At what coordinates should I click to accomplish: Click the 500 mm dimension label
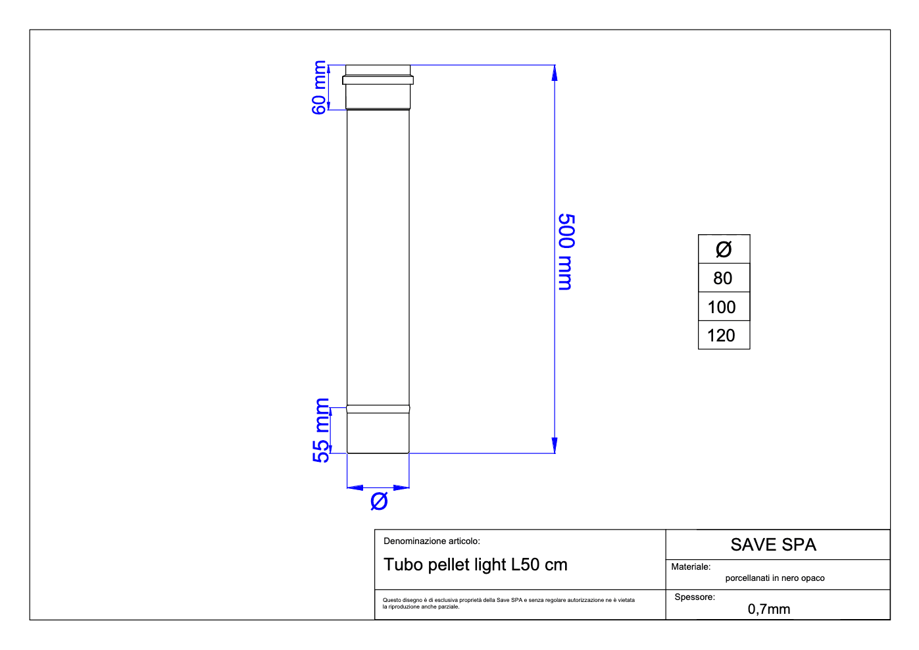click(x=566, y=252)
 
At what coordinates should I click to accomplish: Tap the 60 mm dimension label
click(x=319, y=87)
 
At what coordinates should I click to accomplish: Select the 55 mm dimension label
click(x=321, y=430)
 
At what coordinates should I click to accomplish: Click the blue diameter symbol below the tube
click(x=379, y=501)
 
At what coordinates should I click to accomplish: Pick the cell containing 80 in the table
click(x=724, y=278)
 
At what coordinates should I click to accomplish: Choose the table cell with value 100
click(x=724, y=307)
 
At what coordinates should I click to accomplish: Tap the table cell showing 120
click(x=724, y=336)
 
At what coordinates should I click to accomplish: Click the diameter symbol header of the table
click(x=724, y=249)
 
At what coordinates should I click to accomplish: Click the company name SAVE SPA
click(x=774, y=545)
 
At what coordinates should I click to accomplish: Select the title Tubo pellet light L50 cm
click(x=475, y=564)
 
